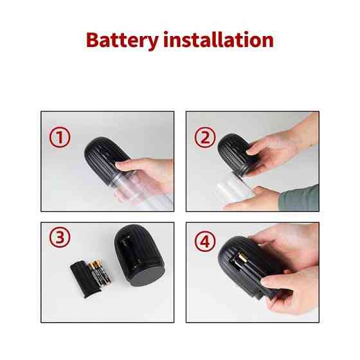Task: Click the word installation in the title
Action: pyautogui.click(x=219, y=39)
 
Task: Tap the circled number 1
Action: pyautogui.click(x=60, y=137)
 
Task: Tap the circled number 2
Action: pyautogui.click(x=205, y=138)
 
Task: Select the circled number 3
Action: pyautogui.click(x=60, y=237)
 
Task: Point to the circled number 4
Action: pyautogui.click(x=205, y=242)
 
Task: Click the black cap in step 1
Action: pyautogui.click(x=106, y=159)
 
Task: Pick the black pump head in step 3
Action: pyautogui.click(x=139, y=255)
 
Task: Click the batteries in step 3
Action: pyautogui.click(x=100, y=273)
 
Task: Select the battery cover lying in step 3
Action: pyautogui.click(x=85, y=279)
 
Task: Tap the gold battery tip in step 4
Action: pyautogui.click(x=242, y=257)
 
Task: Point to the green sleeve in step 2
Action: pyautogui.click(x=299, y=199)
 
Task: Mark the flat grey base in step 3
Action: pyautogui.click(x=146, y=276)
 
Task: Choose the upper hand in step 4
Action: pyautogui.click(x=287, y=246)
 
